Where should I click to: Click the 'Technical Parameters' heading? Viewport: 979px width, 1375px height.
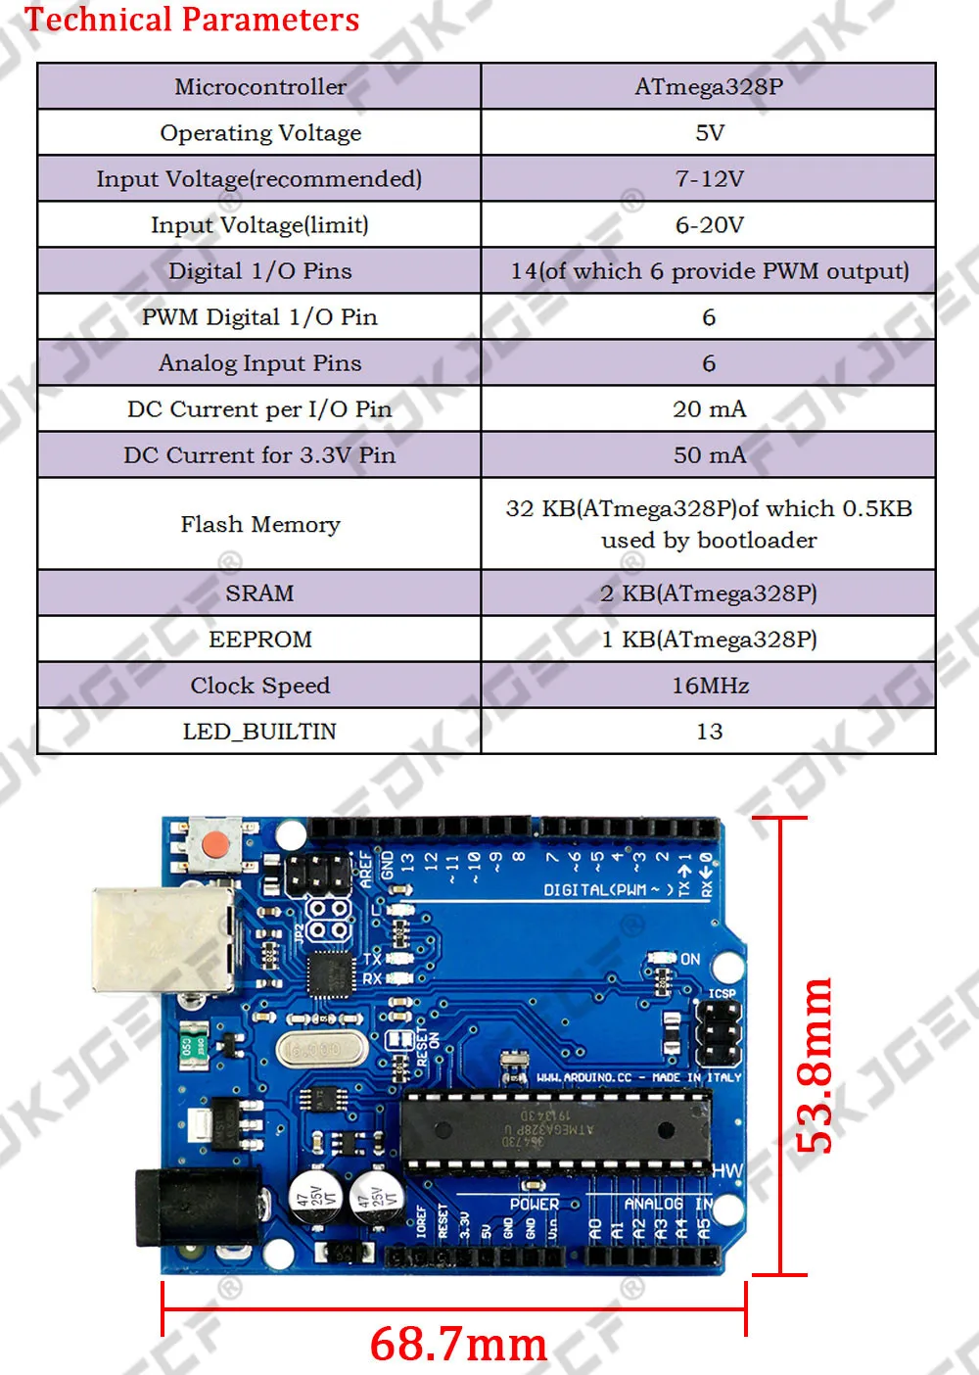pyautogui.click(x=192, y=20)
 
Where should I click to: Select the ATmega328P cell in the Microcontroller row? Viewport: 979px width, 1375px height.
pyautogui.click(x=709, y=86)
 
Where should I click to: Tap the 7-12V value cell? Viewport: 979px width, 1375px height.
pyautogui.click(x=709, y=178)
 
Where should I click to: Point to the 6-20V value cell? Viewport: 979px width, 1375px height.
pyautogui.click(x=709, y=224)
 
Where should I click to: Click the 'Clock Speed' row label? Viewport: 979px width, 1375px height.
pyautogui.click(x=259, y=685)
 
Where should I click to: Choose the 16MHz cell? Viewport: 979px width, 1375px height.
pyautogui.click(x=709, y=685)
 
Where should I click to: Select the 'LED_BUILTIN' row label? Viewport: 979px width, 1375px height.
pyautogui.click(x=259, y=731)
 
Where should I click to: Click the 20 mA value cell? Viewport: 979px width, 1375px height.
pyautogui.click(x=709, y=408)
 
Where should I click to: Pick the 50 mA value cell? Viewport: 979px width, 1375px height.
pyautogui.click(x=709, y=454)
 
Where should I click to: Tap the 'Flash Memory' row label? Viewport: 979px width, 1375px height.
pyautogui.click(x=259, y=524)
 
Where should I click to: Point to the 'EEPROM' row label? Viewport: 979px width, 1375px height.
pyautogui.click(x=259, y=639)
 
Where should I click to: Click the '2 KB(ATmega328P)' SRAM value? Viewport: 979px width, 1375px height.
pyautogui.click(x=709, y=593)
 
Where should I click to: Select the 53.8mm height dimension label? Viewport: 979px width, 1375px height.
pyautogui.click(x=815, y=1065)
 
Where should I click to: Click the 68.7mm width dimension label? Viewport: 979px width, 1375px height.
pyautogui.click(x=458, y=1343)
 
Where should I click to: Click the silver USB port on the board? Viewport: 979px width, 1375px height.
pyautogui.click(x=162, y=940)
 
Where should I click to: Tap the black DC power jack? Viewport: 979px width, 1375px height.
pyautogui.click(x=196, y=1207)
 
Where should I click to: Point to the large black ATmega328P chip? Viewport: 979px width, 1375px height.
pyautogui.click(x=556, y=1131)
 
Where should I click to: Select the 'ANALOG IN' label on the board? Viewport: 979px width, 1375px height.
pyautogui.click(x=668, y=1204)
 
